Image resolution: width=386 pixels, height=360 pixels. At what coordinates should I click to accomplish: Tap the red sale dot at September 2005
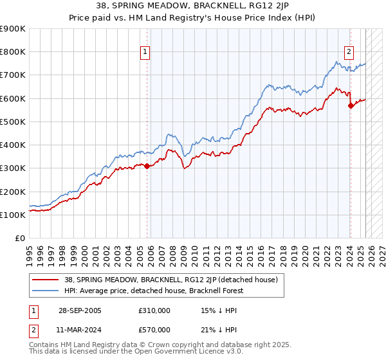[x=147, y=166]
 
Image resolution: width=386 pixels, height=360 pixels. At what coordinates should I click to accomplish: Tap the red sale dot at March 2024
[x=351, y=106]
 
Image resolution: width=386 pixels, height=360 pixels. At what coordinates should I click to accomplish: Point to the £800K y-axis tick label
[x=13, y=51]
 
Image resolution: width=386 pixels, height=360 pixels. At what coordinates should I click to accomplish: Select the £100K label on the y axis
[x=13, y=215]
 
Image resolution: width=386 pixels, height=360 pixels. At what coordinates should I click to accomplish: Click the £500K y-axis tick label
[x=13, y=122]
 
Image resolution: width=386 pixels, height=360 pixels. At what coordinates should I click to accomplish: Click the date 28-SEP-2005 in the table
[x=78, y=310]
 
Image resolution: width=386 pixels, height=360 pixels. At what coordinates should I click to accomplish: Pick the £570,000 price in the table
[x=152, y=329]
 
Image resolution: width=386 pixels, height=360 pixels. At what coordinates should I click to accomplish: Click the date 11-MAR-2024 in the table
[x=78, y=329]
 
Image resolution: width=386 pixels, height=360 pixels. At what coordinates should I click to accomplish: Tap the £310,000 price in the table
[x=152, y=310]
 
